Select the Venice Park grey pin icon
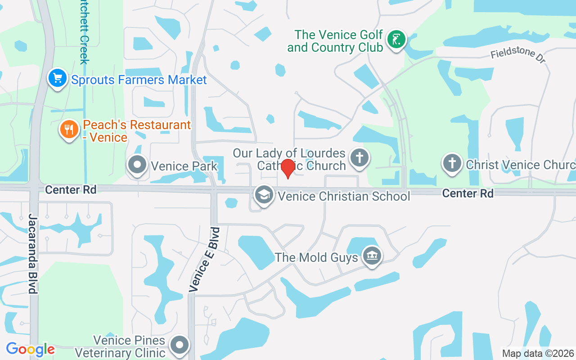click(x=137, y=165)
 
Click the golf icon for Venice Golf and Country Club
click(x=396, y=40)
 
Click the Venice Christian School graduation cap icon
click(x=264, y=195)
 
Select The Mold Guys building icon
click(x=372, y=256)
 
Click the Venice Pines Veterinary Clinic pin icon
click(x=180, y=345)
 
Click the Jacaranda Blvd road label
click(x=32, y=254)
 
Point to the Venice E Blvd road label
click(x=205, y=260)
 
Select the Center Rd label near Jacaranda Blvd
click(x=71, y=190)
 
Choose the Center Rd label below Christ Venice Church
click(x=468, y=193)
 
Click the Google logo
click(x=30, y=349)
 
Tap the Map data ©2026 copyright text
click(x=538, y=354)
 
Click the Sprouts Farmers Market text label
click(x=139, y=80)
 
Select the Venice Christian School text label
click(x=344, y=196)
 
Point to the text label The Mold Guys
click(x=316, y=257)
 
